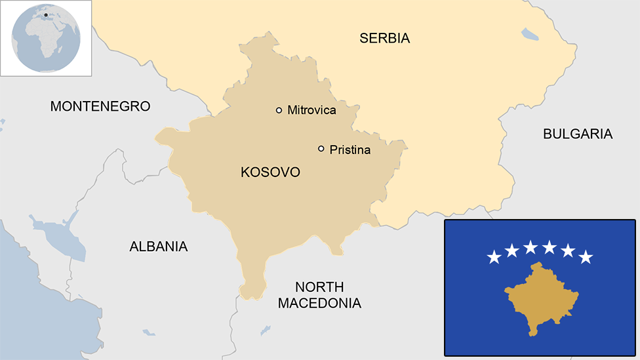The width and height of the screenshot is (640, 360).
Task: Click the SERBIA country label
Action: [x=384, y=38]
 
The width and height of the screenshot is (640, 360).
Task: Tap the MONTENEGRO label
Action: [x=100, y=106]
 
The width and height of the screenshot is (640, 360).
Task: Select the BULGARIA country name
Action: [x=577, y=134]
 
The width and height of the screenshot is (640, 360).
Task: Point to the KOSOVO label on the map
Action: [x=270, y=172]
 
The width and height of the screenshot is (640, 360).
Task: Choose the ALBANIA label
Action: [x=158, y=247]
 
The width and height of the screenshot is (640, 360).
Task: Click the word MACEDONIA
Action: [x=319, y=304]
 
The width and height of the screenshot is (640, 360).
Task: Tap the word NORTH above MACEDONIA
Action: [x=319, y=287]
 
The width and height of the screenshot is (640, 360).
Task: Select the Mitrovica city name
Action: [x=311, y=110]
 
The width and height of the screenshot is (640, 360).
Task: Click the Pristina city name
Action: [x=350, y=150]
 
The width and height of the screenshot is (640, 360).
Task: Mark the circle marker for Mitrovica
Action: [x=279, y=110]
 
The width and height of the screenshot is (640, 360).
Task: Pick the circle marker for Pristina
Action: [x=321, y=149]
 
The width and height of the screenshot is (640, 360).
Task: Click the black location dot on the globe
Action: [x=46, y=14]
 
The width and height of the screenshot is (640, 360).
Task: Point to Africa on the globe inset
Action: [x=44, y=38]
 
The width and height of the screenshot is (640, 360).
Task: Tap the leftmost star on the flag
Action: [x=494, y=257]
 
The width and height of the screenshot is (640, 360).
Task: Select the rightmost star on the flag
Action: [x=586, y=257]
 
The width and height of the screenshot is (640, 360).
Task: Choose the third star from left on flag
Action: [x=530, y=247]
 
